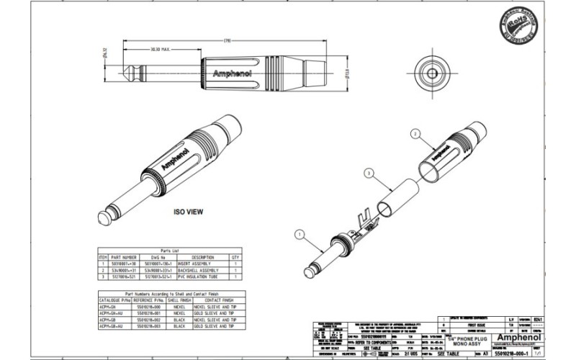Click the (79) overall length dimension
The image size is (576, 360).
(227, 39)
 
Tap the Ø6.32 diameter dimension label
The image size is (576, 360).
(106, 52)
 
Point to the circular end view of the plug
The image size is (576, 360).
(431, 73)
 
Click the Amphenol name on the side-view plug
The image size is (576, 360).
(230, 73)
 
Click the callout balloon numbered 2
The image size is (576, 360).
(415, 133)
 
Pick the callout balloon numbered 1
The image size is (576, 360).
(300, 233)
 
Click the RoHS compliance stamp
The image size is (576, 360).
(516, 30)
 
